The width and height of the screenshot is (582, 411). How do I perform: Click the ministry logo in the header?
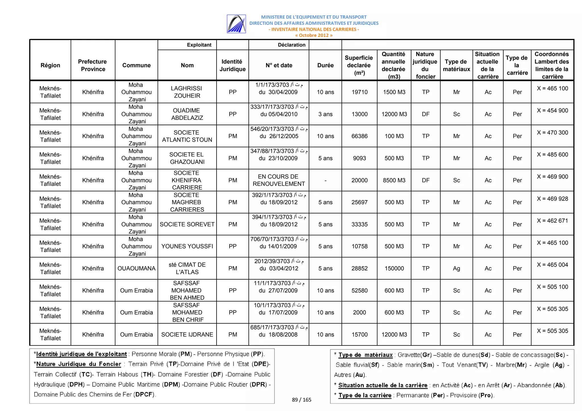(x=236, y=24)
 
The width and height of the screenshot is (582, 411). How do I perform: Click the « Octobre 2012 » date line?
(x=314, y=35)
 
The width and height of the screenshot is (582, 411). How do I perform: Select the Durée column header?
(x=325, y=65)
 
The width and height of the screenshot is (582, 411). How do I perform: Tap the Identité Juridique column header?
(x=232, y=65)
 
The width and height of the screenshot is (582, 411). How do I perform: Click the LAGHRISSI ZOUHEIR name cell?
(x=187, y=92)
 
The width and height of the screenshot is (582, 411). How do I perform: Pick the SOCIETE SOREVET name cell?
(x=187, y=224)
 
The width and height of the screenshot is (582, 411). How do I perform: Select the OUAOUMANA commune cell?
(x=136, y=268)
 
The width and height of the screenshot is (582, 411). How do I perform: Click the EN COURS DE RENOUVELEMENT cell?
(x=279, y=180)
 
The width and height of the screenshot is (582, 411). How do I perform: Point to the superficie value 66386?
(x=359, y=136)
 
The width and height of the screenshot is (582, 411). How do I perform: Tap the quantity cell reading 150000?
(x=394, y=268)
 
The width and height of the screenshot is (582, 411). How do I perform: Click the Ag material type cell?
(x=456, y=268)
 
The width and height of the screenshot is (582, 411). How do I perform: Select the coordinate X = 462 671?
(x=552, y=221)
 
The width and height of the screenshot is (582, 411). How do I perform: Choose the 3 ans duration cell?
(x=325, y=114)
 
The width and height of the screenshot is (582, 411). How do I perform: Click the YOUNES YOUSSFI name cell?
(x=187, y=246)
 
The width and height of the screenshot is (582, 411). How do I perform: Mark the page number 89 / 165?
(x=302, y=400)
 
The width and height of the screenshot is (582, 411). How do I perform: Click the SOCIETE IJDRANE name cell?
(x=187, y=334)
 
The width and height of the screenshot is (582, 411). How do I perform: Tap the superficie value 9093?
(x=359, y=158)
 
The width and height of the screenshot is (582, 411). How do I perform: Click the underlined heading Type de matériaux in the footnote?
(x=365, y=355)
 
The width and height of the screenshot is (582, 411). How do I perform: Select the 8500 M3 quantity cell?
(x=394, y=180)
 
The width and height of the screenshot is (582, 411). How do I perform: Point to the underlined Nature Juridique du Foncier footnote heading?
(x=79, y=364)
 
